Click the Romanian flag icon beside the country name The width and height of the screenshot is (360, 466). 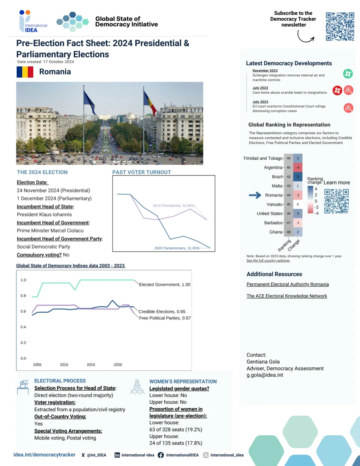point(25,72)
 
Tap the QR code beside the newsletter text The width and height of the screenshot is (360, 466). point(340,26)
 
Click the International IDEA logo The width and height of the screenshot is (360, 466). point(33,22)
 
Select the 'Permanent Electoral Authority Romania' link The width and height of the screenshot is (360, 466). point(288,285)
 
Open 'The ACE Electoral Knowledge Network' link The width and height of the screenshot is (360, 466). point(286,296)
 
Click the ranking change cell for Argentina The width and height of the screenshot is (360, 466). point(298,168)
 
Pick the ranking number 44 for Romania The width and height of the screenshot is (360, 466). point(288,195)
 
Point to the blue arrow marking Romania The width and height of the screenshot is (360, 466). point(255,195)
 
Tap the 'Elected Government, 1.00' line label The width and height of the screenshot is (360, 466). point(165,285)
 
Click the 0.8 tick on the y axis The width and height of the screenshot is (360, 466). point(23,296)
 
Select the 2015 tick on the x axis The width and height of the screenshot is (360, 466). point(91,364)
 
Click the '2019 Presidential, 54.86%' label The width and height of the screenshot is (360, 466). point(174,205)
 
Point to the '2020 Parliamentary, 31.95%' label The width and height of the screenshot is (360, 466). point(177,248)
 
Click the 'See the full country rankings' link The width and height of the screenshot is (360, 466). point(268,261)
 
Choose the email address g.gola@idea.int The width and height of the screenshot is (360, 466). point(265,375)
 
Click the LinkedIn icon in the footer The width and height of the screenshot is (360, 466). point(117,455)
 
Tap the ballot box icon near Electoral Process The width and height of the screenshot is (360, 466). point(23,387)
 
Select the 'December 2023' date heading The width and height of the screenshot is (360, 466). point(265,70)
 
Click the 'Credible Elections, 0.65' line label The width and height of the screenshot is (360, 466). point(162,312)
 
